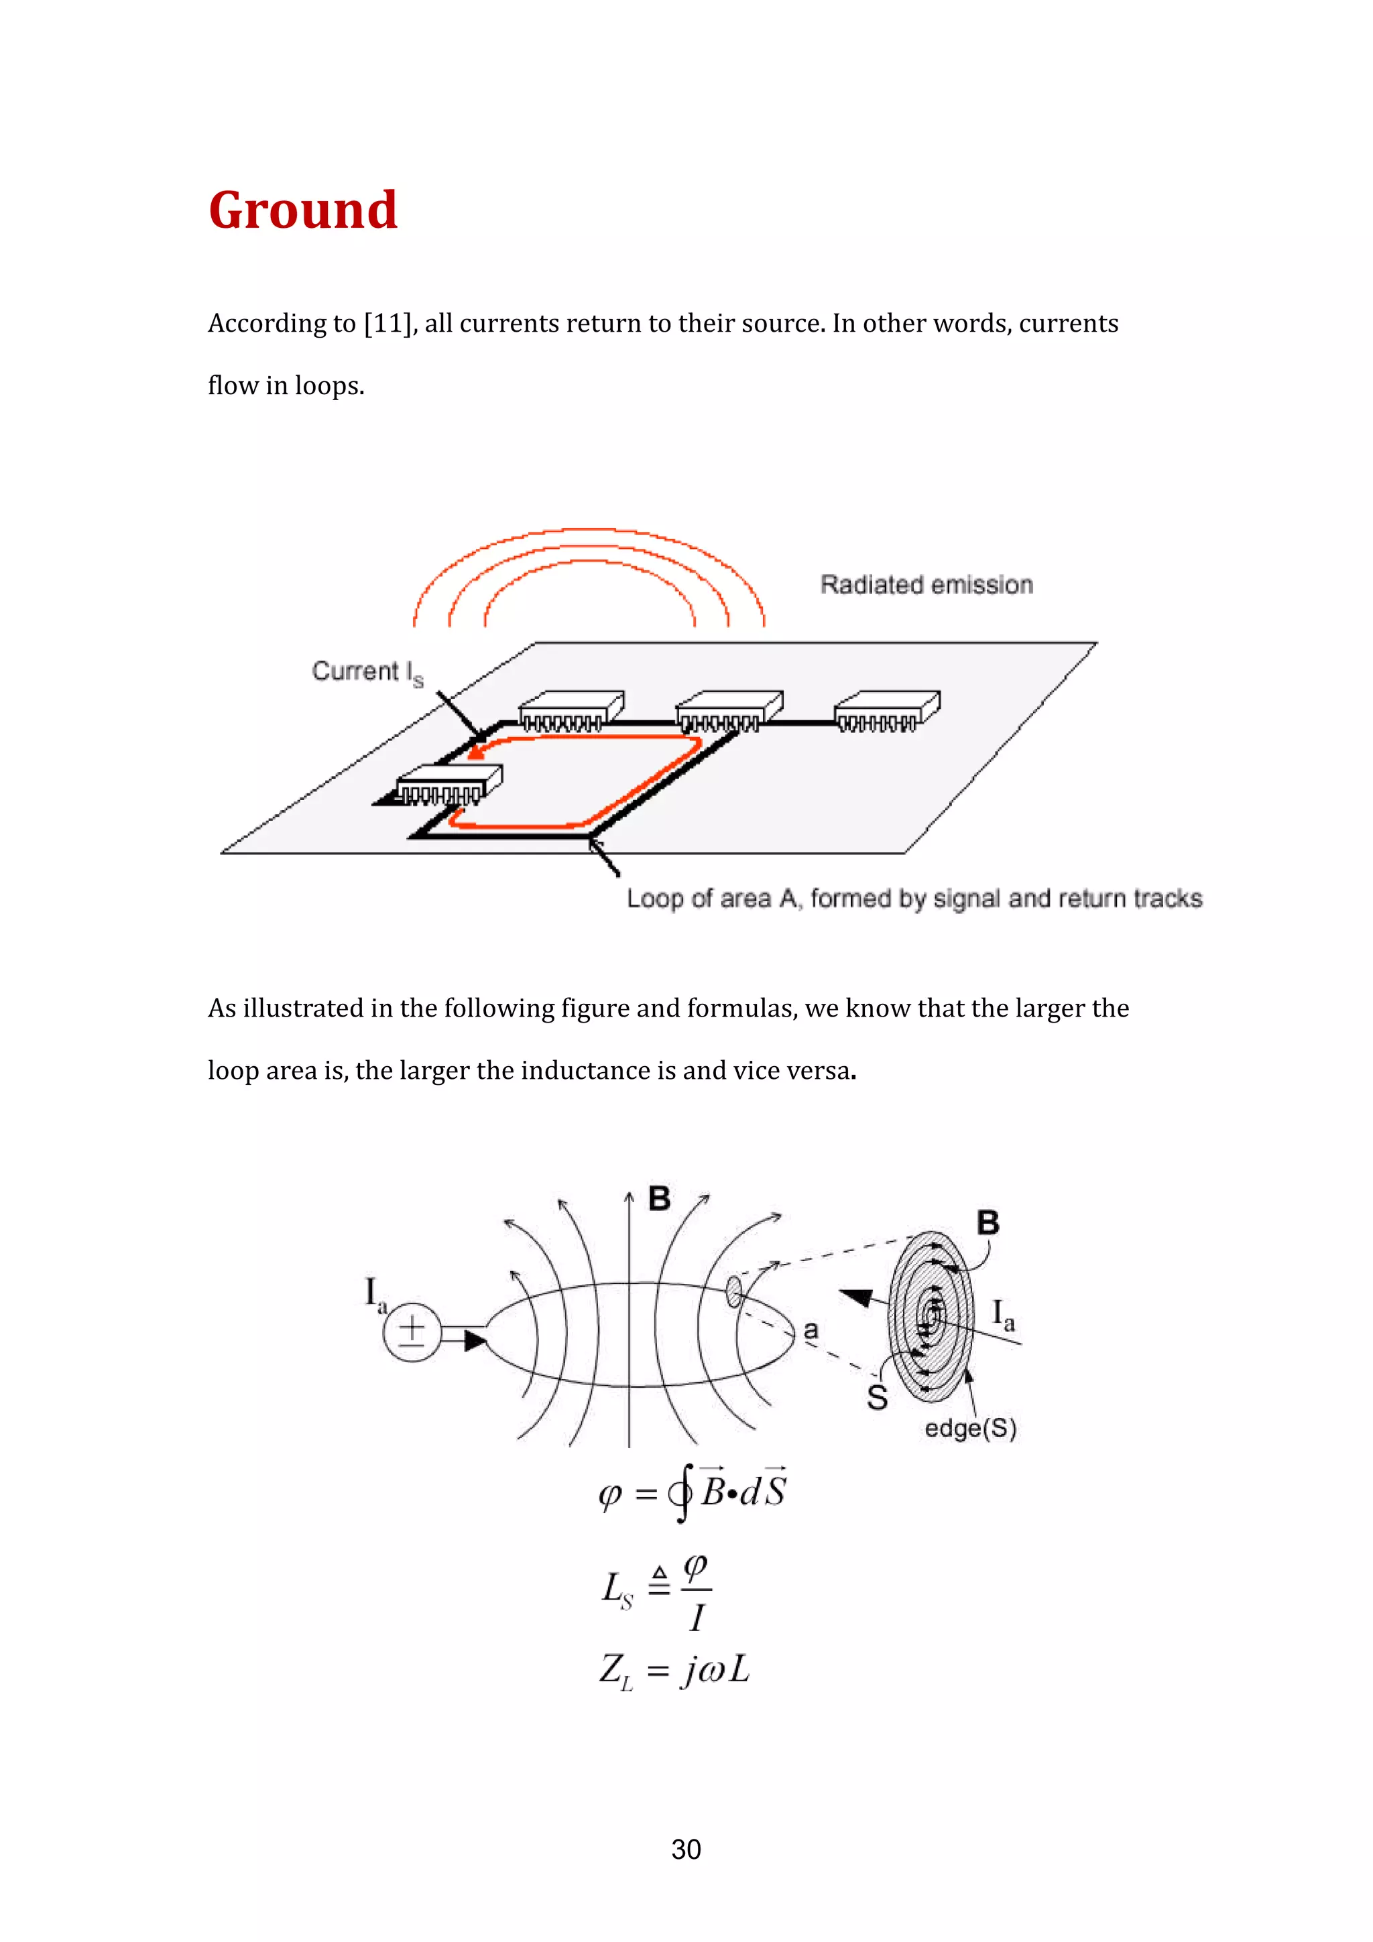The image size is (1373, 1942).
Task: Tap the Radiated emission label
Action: click(x=927, y=584)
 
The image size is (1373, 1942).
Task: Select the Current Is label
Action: click(x=366, y=671)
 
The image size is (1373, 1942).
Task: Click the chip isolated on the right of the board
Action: click(x=886, y=710)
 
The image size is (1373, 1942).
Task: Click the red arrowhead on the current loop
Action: click(x=476, y=751)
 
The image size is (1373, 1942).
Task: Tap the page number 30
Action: click(x=686, y=1849)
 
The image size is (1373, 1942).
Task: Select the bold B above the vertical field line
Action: click(x=659, y=1199)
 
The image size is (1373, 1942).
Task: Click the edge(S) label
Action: click(x=969, y=1429)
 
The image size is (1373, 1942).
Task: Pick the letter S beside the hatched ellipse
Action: click(x=878, y=1397)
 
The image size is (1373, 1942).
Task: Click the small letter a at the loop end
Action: click(x=811, y=1330)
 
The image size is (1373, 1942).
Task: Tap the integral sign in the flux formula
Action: click(x=682, y=1493)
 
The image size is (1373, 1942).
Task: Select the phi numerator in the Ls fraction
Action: click(x=695, y=1567)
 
